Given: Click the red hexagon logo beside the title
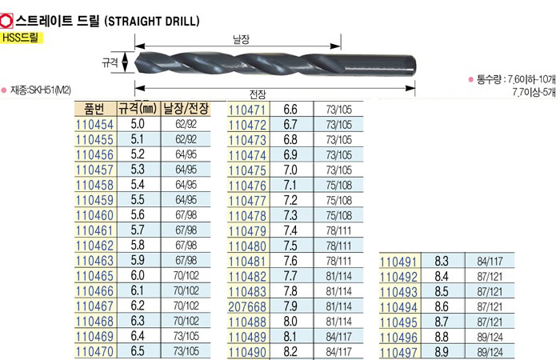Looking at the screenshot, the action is coord(6,21).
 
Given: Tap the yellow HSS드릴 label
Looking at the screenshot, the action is coord(22,38).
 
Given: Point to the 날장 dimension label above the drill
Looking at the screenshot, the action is coord(241,39).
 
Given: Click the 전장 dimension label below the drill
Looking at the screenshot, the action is coord(258,94).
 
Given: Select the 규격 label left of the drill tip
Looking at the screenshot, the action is coord(110,62).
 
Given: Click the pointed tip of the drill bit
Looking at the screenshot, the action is coord(135,62).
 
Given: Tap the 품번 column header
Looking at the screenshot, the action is coord(95,109).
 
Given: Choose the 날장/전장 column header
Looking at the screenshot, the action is coord(186,108).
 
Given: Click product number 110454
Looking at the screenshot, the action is coord(94,125).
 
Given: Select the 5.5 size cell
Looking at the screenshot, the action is coord(138,200).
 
